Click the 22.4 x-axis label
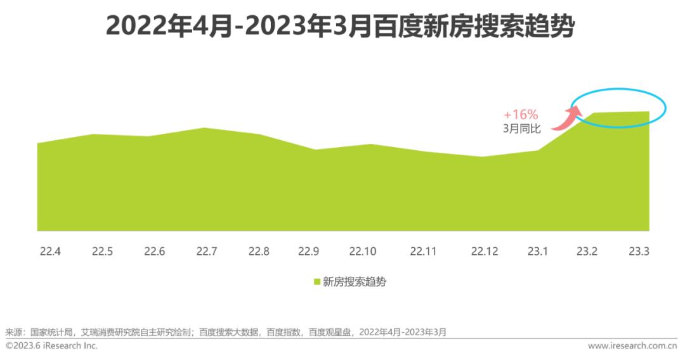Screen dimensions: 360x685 [50, 252]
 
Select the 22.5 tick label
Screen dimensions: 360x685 [102, 252]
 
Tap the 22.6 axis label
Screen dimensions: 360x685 [154, 252]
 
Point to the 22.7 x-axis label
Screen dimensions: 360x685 [207, 252]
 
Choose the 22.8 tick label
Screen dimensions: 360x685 [259, 252]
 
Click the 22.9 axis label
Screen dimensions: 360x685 [308, 252]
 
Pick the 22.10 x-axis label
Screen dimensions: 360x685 [362, 252]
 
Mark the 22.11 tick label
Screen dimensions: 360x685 [423, 252]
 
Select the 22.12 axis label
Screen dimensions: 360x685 [485, 252]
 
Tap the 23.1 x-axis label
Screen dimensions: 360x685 [537, 252]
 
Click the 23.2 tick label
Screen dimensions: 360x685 [587, 252]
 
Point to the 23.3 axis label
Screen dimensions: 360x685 [639, 252]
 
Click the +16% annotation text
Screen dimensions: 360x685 [521, 115]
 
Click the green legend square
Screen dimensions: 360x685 [317, 283]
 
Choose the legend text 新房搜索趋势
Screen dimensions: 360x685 [354, 283]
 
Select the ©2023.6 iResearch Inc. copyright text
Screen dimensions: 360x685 [52, 346]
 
